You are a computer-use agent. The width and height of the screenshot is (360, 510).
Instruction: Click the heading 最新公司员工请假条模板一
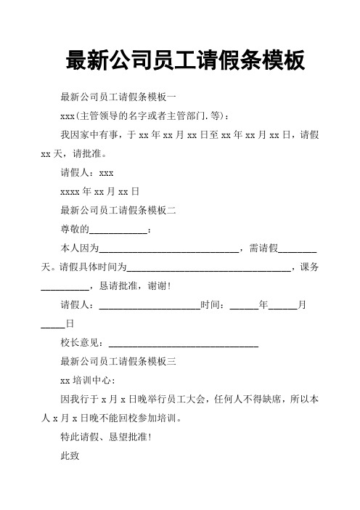click(x=123, y=97)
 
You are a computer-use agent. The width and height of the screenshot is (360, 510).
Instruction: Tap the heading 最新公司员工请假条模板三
click(x=123, y=360)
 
